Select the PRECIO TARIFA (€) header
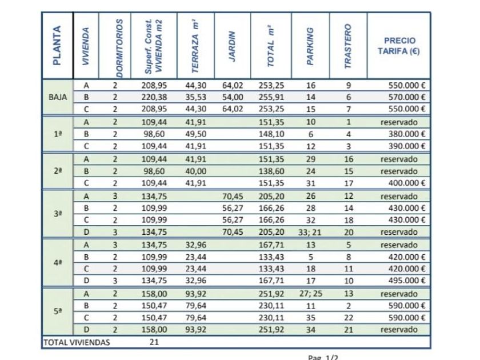[x=399, y=46]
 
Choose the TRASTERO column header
[x=347, y=46]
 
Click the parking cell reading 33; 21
[x=310, y=232]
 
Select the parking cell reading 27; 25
[x=310, y=293]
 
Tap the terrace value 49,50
[x=195, y=134]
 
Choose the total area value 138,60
[x=271, y=171]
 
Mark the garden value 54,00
[x=233, y=97]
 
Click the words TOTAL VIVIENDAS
[x=77, y=342]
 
